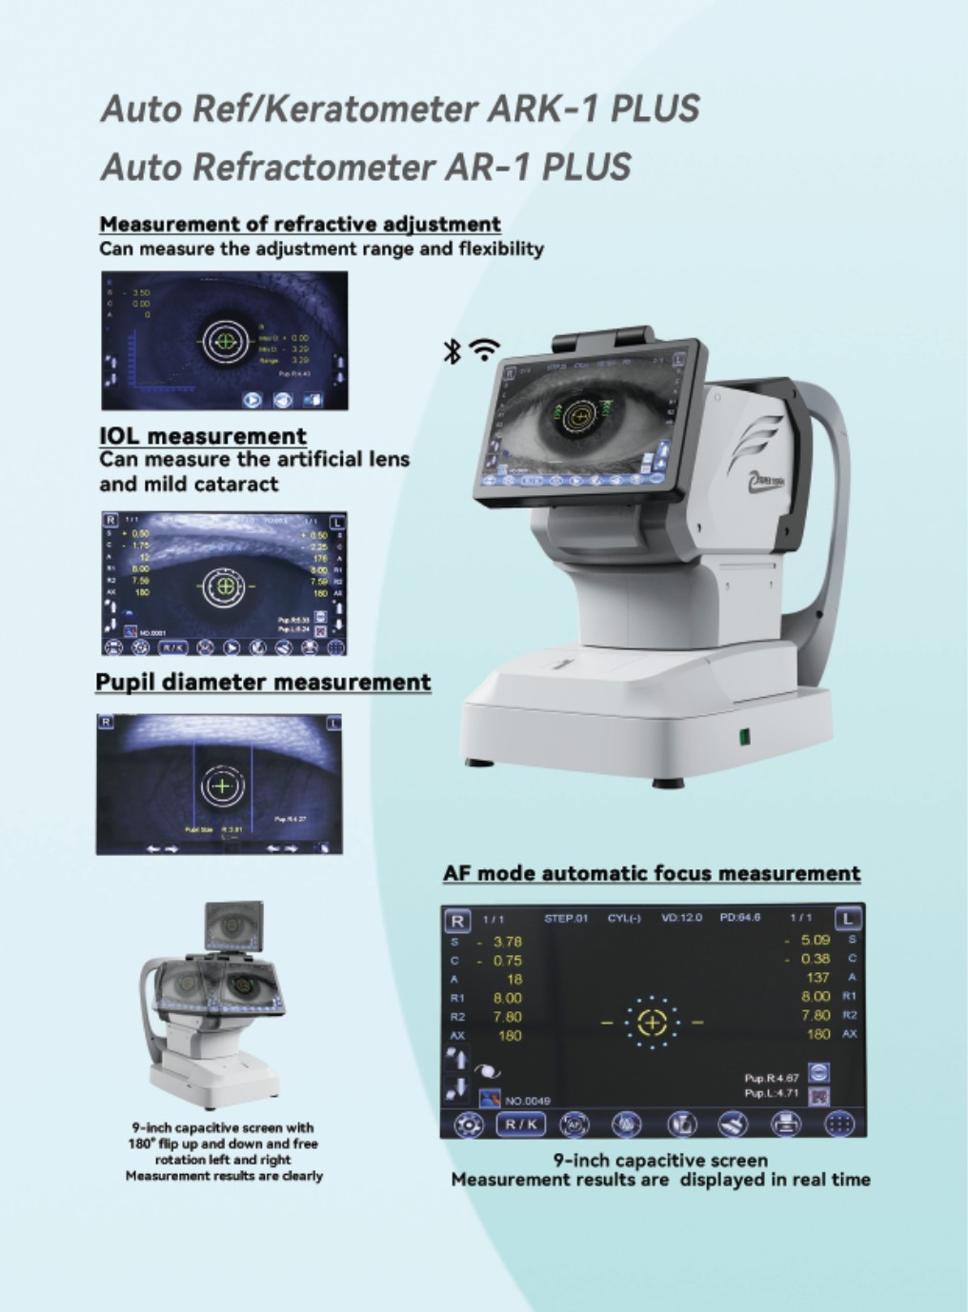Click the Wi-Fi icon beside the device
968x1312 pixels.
(486, 349)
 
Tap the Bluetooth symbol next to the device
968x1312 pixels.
(454, 350)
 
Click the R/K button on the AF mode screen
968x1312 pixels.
(520, 1124)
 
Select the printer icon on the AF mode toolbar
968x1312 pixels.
(784, 1124)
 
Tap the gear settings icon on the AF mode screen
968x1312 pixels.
(468, 1124)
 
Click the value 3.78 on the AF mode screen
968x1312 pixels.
(507, 942)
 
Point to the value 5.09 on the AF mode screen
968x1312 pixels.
(815, 940)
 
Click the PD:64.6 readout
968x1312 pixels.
(739, 918)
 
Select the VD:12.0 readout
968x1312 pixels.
(681, 918)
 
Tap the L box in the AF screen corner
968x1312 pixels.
(847, 919)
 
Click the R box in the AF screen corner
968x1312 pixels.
(458, 921)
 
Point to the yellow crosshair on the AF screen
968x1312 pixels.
(653, 1024)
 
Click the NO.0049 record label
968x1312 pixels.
(527, 1101)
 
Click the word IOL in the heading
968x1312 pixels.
(119, 436)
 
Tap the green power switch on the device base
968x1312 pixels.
(745, 735)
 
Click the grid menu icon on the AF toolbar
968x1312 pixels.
(838, 1124)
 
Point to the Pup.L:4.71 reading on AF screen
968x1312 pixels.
(772, 1093)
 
